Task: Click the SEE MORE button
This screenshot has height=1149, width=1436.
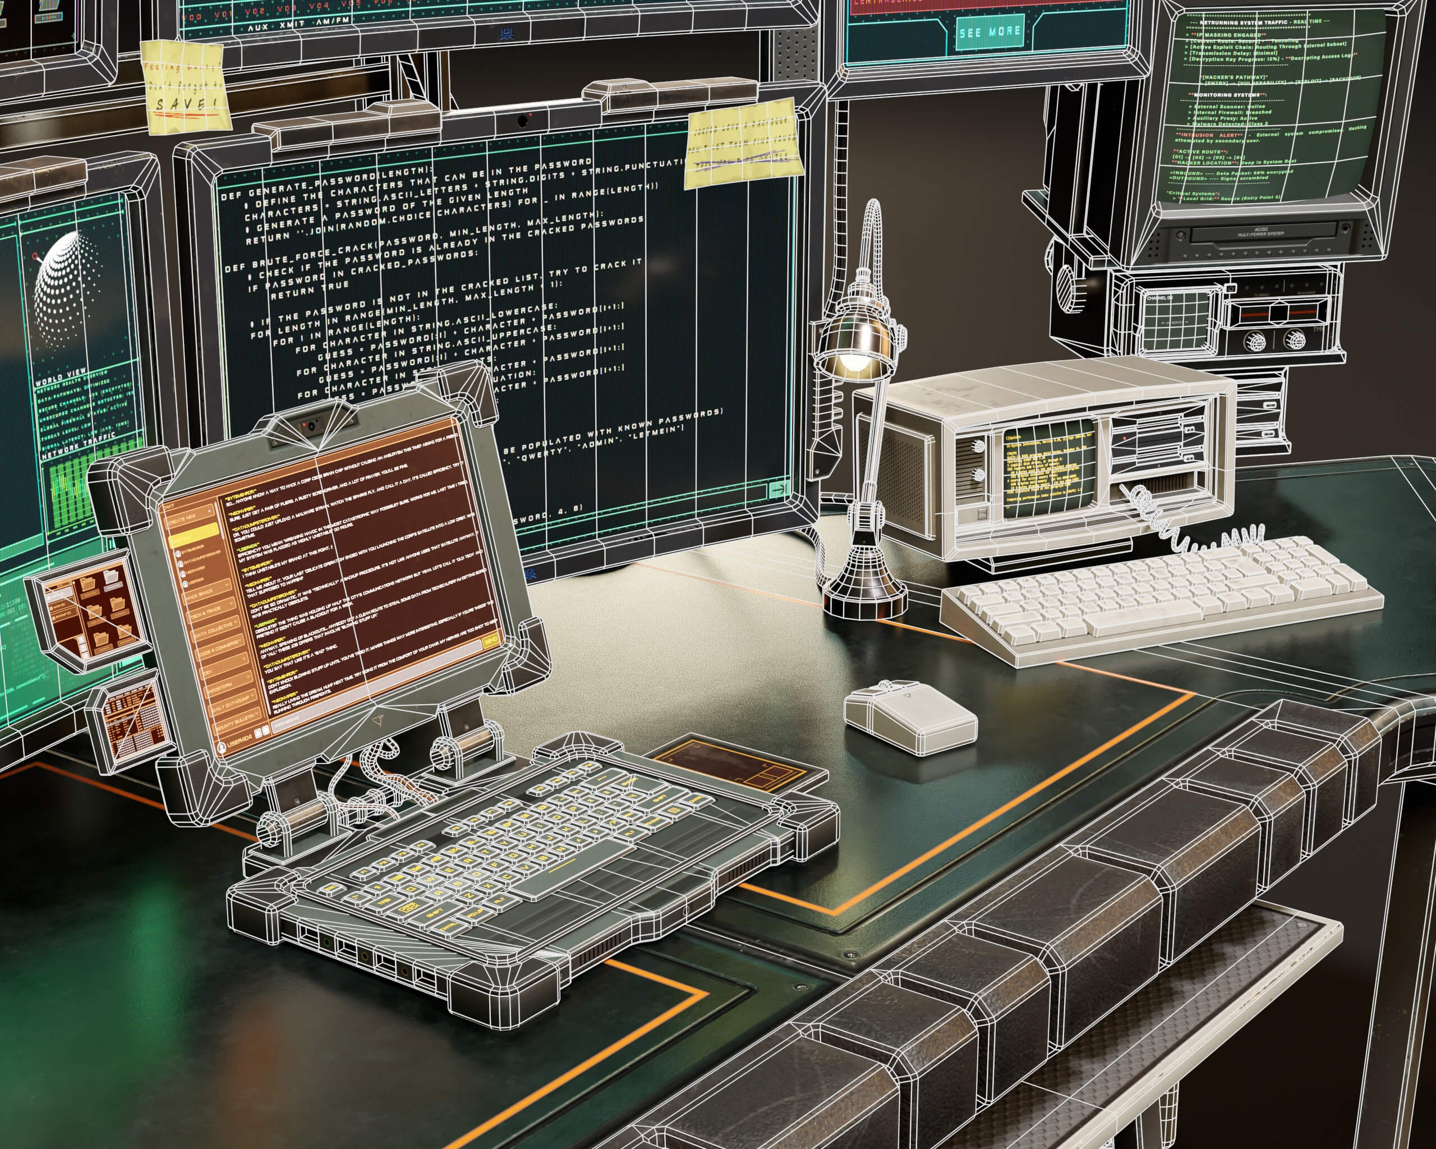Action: [x=989, y=32]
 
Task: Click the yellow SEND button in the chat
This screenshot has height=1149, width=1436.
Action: [x=491, y=640]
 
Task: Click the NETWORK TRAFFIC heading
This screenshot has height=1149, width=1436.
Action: [x=78, y=445]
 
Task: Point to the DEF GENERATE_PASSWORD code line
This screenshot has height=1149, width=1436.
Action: [x=326, y=181]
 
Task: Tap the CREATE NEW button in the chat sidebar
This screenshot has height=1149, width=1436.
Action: [x=183, y=519]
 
